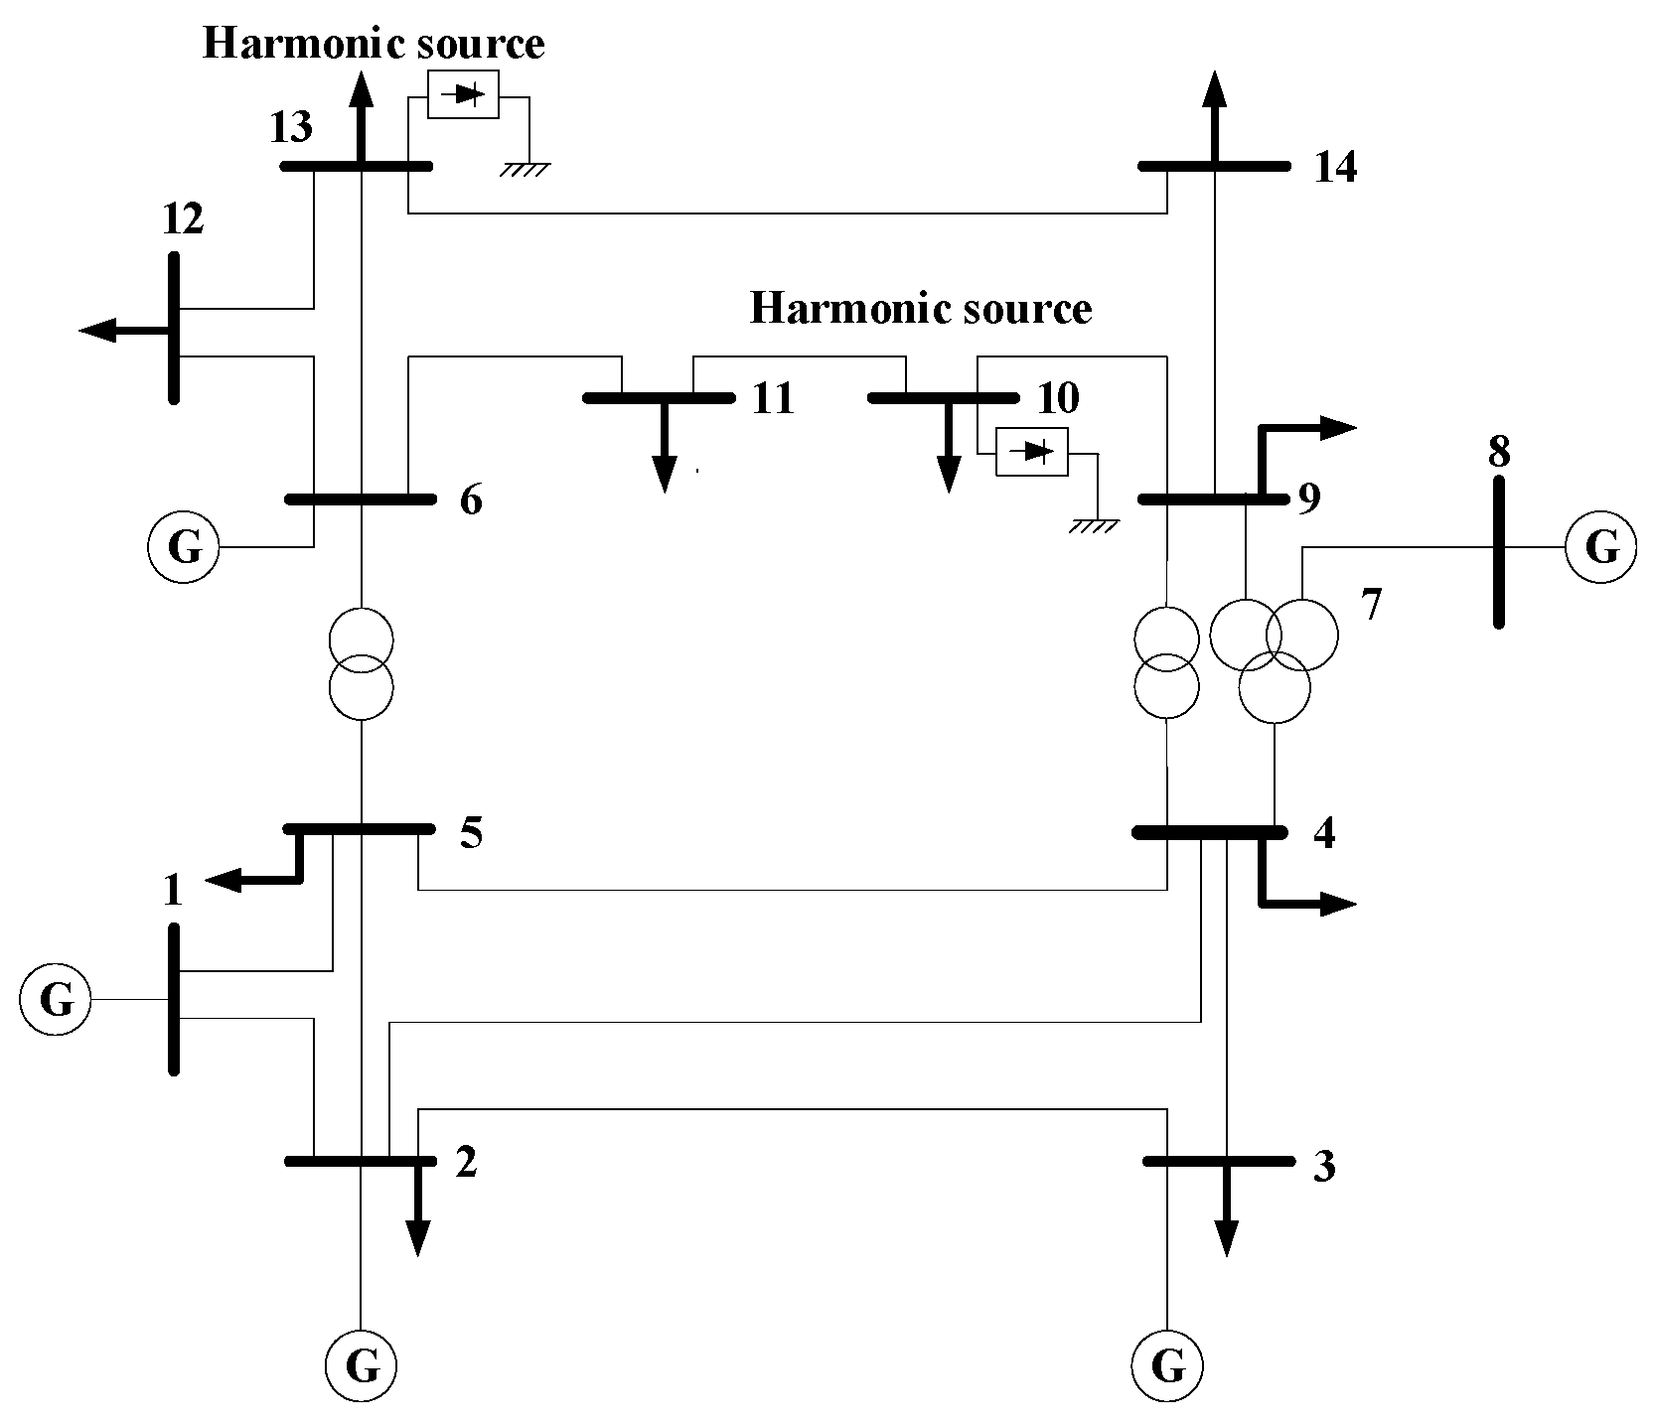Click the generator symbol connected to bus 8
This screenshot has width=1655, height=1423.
pyautogui.click(x=1600, y=547)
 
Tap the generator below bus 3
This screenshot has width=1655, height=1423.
pyautogui.click(x=1167, y=1366)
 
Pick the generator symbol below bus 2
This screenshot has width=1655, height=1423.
pyautogui.click(x=361, y=1366)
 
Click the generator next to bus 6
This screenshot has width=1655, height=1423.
pyautogui.click(x=183, y=547)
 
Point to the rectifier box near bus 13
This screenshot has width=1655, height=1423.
pyautogui.click(x=463, y=95)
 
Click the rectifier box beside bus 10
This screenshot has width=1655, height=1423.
pyautogui.click(x=1032, y=452)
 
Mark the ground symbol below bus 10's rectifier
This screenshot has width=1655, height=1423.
pyautogui.click(x=1094, y=525)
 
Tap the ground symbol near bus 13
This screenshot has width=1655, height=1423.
pyautogui.click(x=524, y=169)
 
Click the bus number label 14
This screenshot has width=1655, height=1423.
pyautogui.click(x=1335, y=168)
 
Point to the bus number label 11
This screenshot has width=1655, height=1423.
pyautogui.click(x=773, y=398)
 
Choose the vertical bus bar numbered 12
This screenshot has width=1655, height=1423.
pyautogui.click(x=174, y=328)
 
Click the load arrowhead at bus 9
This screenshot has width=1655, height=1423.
pyautogui.click(x=1340, y=428)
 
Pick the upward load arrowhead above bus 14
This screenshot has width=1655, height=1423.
pyautogui.click(x=1213, y=88)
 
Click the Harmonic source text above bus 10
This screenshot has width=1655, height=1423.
pyautogui.click(x=920, y=309)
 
